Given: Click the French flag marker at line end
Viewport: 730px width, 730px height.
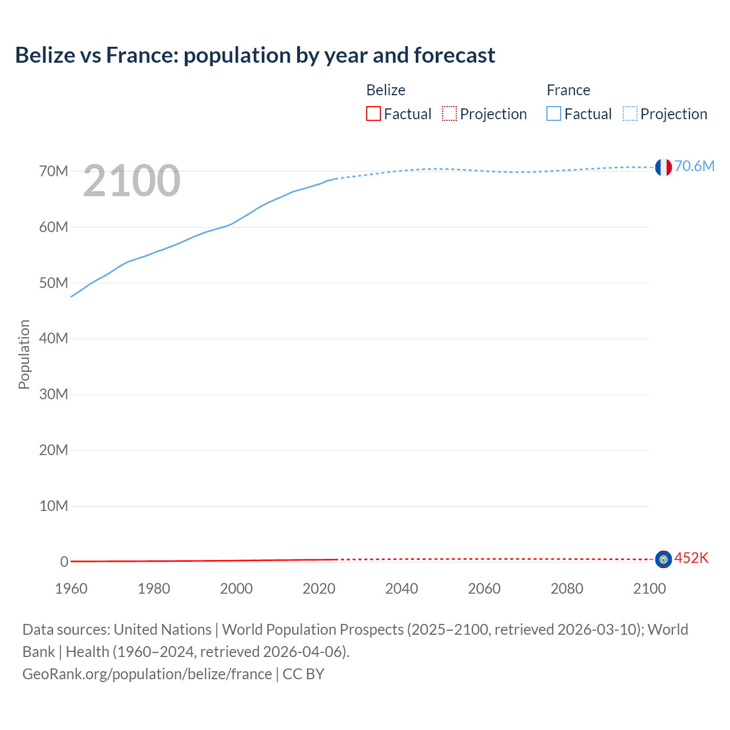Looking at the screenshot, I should click(663, 167).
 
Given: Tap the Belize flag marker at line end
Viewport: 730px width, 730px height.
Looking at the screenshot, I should click(663, 559).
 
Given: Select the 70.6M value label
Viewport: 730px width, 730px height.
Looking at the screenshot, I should click(694, 166).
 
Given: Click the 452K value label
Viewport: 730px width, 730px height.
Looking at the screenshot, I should click(691, 558).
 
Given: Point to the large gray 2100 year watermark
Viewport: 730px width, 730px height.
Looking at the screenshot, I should click(132, 181).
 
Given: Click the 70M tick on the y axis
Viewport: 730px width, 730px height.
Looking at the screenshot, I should click(54, 171).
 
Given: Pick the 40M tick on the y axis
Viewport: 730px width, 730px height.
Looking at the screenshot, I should click(54, 339).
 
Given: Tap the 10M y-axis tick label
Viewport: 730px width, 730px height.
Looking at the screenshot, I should click(54, 506).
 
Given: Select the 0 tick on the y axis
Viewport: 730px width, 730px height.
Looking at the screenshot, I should click(64, 562).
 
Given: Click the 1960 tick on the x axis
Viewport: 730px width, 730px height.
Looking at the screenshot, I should click(71, 589).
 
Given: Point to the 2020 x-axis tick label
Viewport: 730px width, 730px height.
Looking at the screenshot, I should click(319, 589).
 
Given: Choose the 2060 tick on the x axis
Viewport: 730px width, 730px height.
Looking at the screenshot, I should click(484, 589).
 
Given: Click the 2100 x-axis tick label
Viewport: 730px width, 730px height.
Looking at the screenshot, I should click(649, 589).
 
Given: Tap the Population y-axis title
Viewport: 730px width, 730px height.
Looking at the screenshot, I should click(24, 354).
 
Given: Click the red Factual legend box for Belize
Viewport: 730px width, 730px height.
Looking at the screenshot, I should click(374, 114).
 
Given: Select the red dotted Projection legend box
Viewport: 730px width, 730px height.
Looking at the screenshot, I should click(449, 114).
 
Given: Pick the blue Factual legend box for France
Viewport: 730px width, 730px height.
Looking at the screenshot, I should click(554, 114).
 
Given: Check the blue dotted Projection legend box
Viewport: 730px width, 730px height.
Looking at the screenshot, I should click(630, 114).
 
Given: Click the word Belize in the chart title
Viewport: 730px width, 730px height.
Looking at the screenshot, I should click(45, 55).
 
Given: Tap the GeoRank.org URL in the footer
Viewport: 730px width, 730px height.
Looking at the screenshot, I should click(147, 674).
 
